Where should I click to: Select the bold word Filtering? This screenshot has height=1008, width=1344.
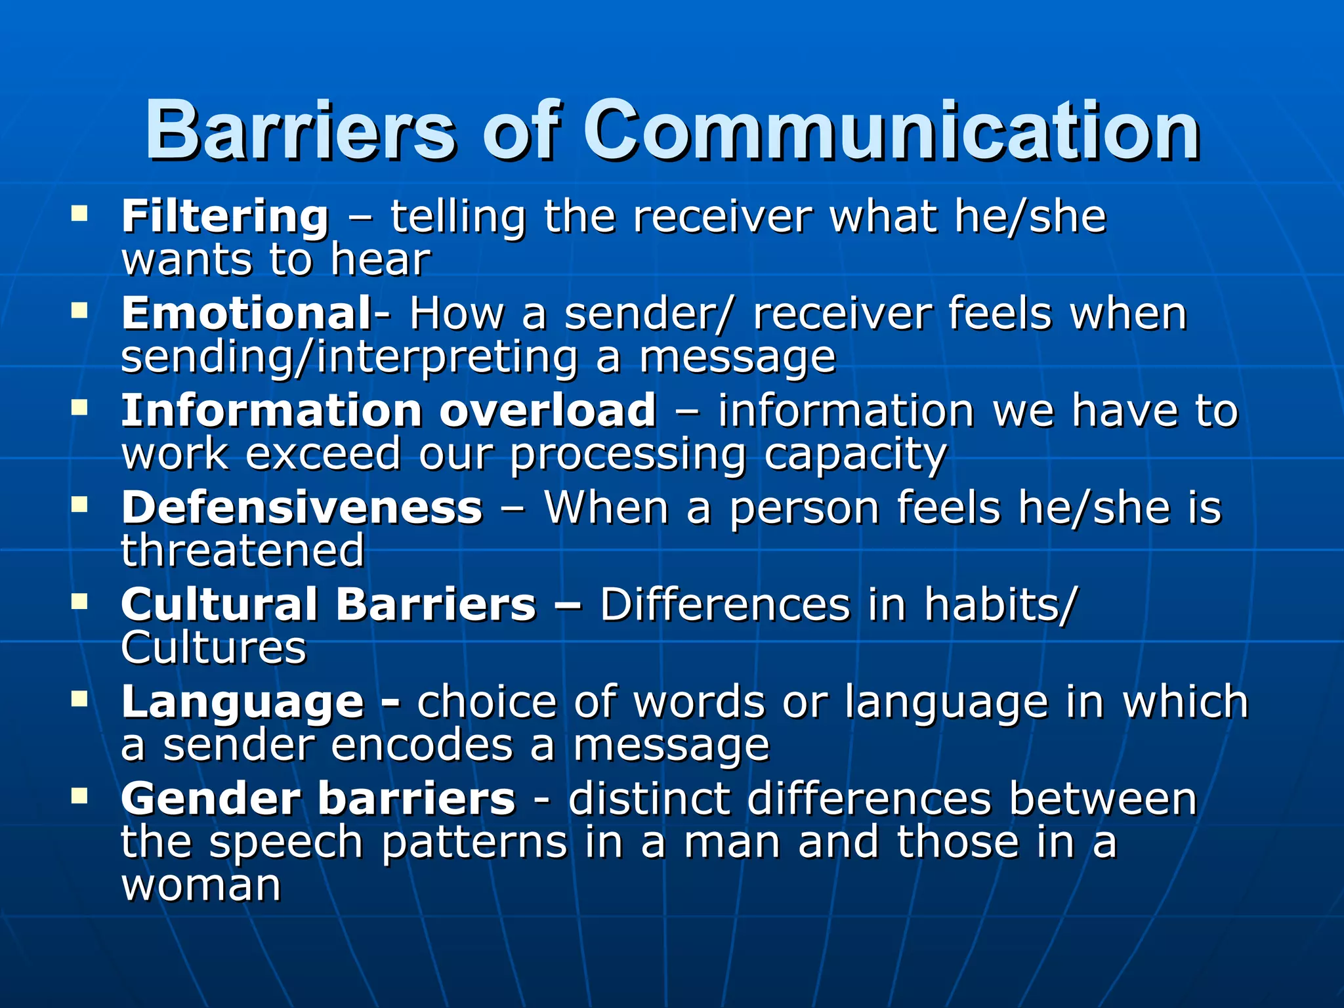(225, 217)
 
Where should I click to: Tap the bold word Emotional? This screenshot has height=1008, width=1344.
(247, 313)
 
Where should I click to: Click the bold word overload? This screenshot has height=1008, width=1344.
(547, 410)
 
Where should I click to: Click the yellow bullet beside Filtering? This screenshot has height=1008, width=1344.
(79, 213)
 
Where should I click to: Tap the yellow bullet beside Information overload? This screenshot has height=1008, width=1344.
(79, 408)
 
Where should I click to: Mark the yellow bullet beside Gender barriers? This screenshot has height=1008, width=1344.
(79, 796)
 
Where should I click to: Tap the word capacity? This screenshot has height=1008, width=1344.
(856, 454)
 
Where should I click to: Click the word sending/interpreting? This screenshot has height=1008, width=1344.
(349, 358)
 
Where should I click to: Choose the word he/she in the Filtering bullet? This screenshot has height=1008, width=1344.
(1030, 217)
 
